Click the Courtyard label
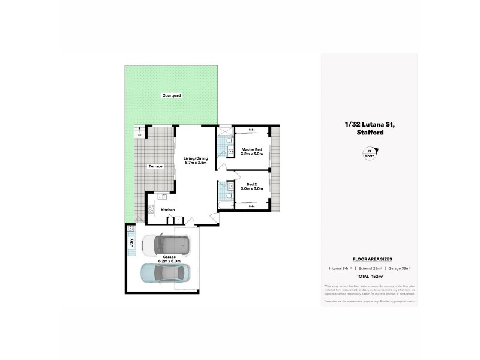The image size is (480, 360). (x=171, y=95)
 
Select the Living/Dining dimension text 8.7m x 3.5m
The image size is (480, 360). (x=195, y=163)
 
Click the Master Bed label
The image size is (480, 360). (x=251, y=149)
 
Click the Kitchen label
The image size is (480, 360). (x=167, y=209)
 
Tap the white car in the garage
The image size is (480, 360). (x=166, y=245)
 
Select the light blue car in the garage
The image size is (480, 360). (x=165, y=273)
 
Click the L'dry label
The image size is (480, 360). (x=131, y=243)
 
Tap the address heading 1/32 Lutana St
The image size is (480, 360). (x=369, y=124)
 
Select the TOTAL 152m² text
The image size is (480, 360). (x=369, y=276)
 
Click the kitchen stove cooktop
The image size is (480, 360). (x=152, y=211)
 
